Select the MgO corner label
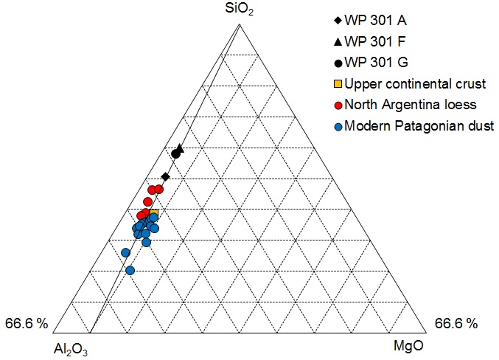coord(411,345)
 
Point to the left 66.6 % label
coord(27,323)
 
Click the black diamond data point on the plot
coord(165,176)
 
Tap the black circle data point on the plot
coord(175,153)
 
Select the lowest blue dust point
coord(130,271)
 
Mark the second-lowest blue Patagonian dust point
coord(125,253)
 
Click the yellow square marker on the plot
coord(154,214)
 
